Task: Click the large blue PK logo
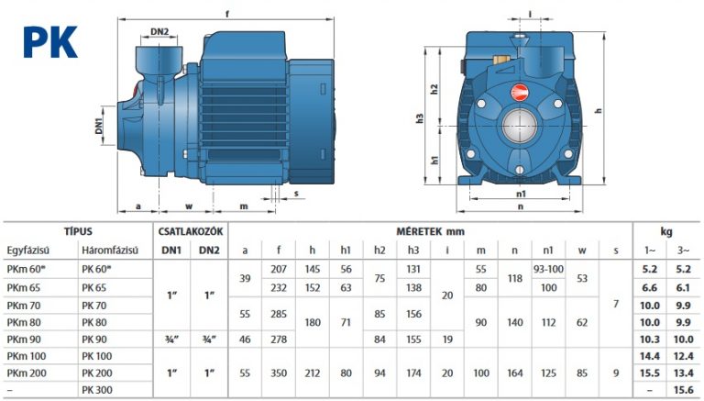(x=50, y=42)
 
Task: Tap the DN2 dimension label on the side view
(x=159, y=31)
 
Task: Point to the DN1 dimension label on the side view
(x=99, y=126)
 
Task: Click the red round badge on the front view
(x=519, y=93)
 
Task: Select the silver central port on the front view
(x=520, y=126)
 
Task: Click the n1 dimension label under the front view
(x=521, y=194)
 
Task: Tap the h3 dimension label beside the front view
(x=420, y=118)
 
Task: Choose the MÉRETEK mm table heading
(x=430, y=231)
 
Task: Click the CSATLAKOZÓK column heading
(x=191, y=231)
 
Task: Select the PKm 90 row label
(x=24, y=340)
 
